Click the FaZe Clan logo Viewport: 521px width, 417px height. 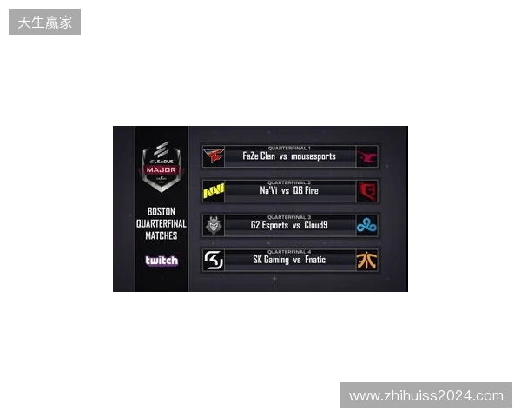click(214, 156)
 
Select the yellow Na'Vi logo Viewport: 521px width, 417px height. click(214, 191)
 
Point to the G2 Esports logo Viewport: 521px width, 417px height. click(214, 226)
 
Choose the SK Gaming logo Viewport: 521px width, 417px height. click(214, 260)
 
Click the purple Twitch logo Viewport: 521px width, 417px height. click(162, 261)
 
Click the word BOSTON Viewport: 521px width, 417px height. click(162, 211)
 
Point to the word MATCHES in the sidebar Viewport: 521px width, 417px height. click(162, 235)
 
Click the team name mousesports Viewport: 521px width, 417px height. click(313, 156)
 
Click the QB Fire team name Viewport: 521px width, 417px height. click(306, 190)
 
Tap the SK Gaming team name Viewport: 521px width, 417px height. click(271, 260)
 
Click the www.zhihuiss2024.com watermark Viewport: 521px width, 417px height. click(426, 396)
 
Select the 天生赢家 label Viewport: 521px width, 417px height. click(45, 22)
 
